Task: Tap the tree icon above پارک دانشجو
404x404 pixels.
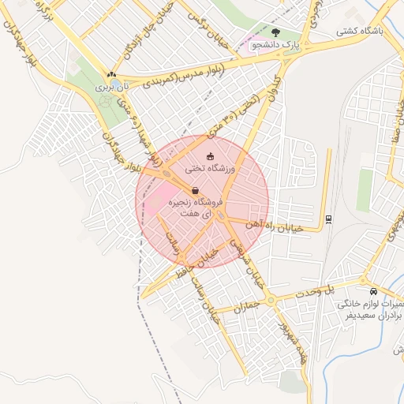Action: click(275, 32)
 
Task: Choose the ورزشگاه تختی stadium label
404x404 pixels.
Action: click(210, 168)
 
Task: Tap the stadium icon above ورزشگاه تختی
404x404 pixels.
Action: click(210, 155)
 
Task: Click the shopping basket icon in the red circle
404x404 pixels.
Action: click(195, 190)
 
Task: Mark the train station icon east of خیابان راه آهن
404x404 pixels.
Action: click(328, 219)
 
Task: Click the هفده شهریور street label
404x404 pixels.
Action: click(293, 339)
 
